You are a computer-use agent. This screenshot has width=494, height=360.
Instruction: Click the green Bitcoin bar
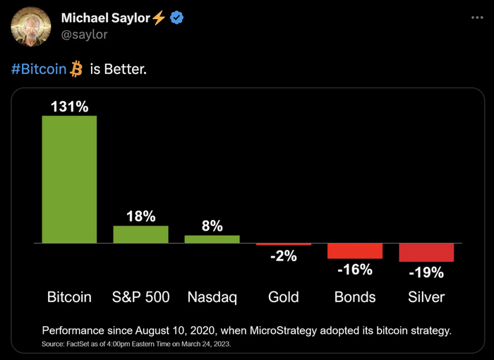click(69, 179)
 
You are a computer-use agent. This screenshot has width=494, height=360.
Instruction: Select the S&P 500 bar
click(140, 234)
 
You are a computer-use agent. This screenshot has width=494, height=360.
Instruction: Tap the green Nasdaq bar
click(212, 239)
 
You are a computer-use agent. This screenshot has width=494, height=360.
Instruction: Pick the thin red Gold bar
click(283, 244)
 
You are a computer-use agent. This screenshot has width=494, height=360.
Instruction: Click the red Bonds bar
click(354, 251)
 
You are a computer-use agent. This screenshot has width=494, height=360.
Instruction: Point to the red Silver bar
click(426, 252)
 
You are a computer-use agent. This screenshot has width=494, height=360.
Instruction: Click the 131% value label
click(69, 107)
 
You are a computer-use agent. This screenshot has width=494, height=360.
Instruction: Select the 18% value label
click(140, 217)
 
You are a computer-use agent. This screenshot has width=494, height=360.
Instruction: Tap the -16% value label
click(354, 269)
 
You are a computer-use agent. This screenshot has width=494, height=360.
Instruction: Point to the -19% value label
click(426, 272)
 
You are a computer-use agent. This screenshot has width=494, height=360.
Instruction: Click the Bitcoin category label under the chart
click(69, 297)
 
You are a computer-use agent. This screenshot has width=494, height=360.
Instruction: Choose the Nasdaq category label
click(212, 297)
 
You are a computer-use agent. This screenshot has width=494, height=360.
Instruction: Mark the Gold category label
click(283, 297)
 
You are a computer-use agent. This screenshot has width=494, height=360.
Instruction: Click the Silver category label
click(426, 297)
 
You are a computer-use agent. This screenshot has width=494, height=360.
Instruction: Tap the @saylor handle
click(85, 34)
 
